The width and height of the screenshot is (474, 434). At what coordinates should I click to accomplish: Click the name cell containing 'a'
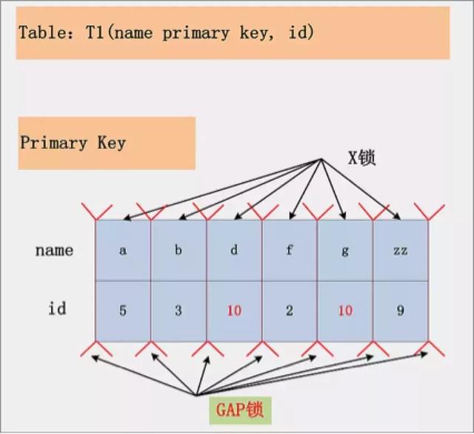coord(123,250)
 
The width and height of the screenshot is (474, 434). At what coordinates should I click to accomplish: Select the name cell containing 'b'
coord(178,250)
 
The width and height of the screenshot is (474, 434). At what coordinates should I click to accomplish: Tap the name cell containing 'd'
coord(234,250)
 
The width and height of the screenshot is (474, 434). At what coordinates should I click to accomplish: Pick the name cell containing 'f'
coord(290,250)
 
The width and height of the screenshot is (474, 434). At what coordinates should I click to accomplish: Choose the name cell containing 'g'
coord(345,250)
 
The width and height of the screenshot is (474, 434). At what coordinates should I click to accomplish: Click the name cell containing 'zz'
coord(401,250)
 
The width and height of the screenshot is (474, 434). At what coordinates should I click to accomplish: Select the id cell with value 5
coord(123,311)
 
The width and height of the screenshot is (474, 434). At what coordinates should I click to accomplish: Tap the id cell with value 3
coord(178,311)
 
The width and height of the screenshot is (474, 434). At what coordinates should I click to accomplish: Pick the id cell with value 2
coord(290,311)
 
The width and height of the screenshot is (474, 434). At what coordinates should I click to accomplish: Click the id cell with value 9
coord(401,311)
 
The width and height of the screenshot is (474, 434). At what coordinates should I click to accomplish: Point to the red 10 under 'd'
coord(234,311)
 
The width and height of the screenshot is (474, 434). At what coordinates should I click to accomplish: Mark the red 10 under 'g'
coord(345,311)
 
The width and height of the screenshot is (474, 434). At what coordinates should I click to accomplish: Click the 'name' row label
coord(54,250)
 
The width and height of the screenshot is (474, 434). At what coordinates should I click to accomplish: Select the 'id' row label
coord(57,308)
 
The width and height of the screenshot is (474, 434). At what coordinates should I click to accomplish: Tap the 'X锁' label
coord(362,157)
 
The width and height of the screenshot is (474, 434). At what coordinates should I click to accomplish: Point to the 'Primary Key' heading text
coord(73,143)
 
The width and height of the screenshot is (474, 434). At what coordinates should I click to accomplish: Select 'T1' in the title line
coord(94,33)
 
